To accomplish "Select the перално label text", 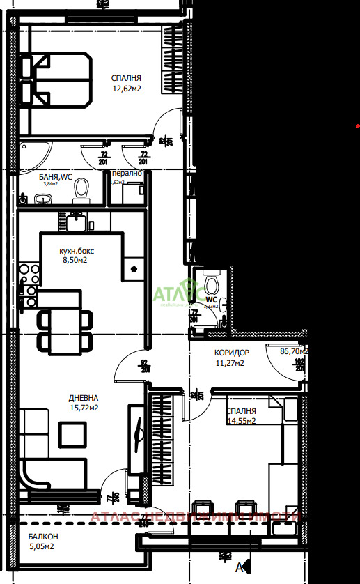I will click(127, 173).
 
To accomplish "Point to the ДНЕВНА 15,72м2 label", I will click(84, 402).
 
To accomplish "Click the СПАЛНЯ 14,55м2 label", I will click(241, 416).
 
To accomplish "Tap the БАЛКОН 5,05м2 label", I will click(43, 541).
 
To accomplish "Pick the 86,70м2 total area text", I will click(293, 352).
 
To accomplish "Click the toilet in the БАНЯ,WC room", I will click(83, 188).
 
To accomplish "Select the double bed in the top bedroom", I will click(56, 79).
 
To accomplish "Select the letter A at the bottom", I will click(240, 568).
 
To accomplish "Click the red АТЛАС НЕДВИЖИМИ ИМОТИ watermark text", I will click(195, 516).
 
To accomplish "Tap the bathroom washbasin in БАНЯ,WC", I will click(43, 201).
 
